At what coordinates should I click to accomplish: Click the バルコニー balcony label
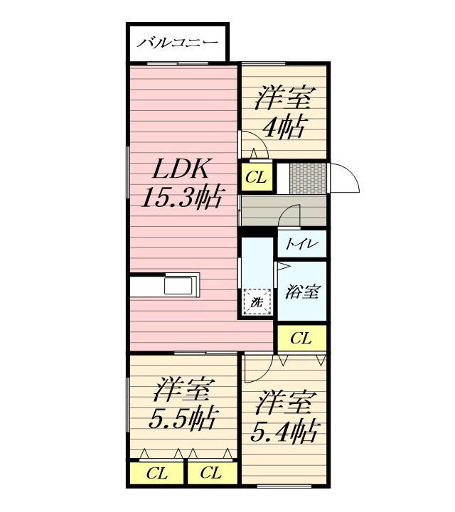[x=177, y=43]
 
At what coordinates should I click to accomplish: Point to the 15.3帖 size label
[x=181, y=197]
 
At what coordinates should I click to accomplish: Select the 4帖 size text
[x=285, y=126]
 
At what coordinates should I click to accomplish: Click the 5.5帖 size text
[x=183, y=418]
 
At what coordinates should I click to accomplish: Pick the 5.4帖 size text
[x=284, y=432]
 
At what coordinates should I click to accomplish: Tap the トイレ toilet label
[x=301, y=244]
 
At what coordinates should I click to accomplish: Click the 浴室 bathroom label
[x=302, y=292]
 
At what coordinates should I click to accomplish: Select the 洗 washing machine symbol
[x=257, y=302]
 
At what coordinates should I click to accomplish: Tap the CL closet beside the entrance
[x=257, y=177]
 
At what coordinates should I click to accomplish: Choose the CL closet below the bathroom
[x=301, y=338]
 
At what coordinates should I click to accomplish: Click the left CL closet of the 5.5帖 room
[x=156, y=473]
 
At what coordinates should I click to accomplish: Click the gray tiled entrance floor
[x=308, y=178]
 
